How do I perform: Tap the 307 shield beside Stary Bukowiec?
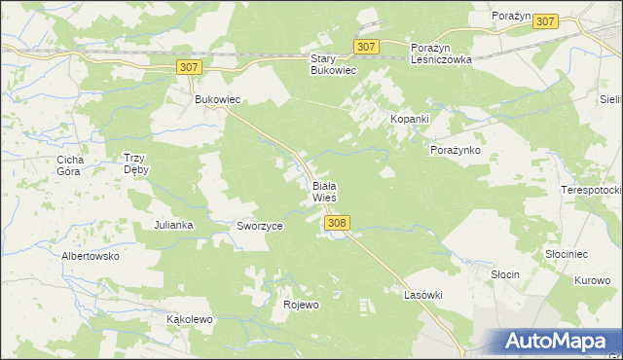[366, 47]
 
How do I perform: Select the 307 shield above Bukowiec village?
[190, 66]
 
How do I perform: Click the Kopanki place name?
[410, 118]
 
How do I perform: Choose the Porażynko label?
[456, 151]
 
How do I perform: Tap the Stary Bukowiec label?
[335, 64]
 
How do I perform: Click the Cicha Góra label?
[71, 164]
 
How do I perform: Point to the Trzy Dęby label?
[134, 163]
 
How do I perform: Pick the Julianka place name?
[174, 225]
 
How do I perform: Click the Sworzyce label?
[260, 226]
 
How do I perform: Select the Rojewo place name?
[301, 305]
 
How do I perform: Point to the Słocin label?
[504, 275]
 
